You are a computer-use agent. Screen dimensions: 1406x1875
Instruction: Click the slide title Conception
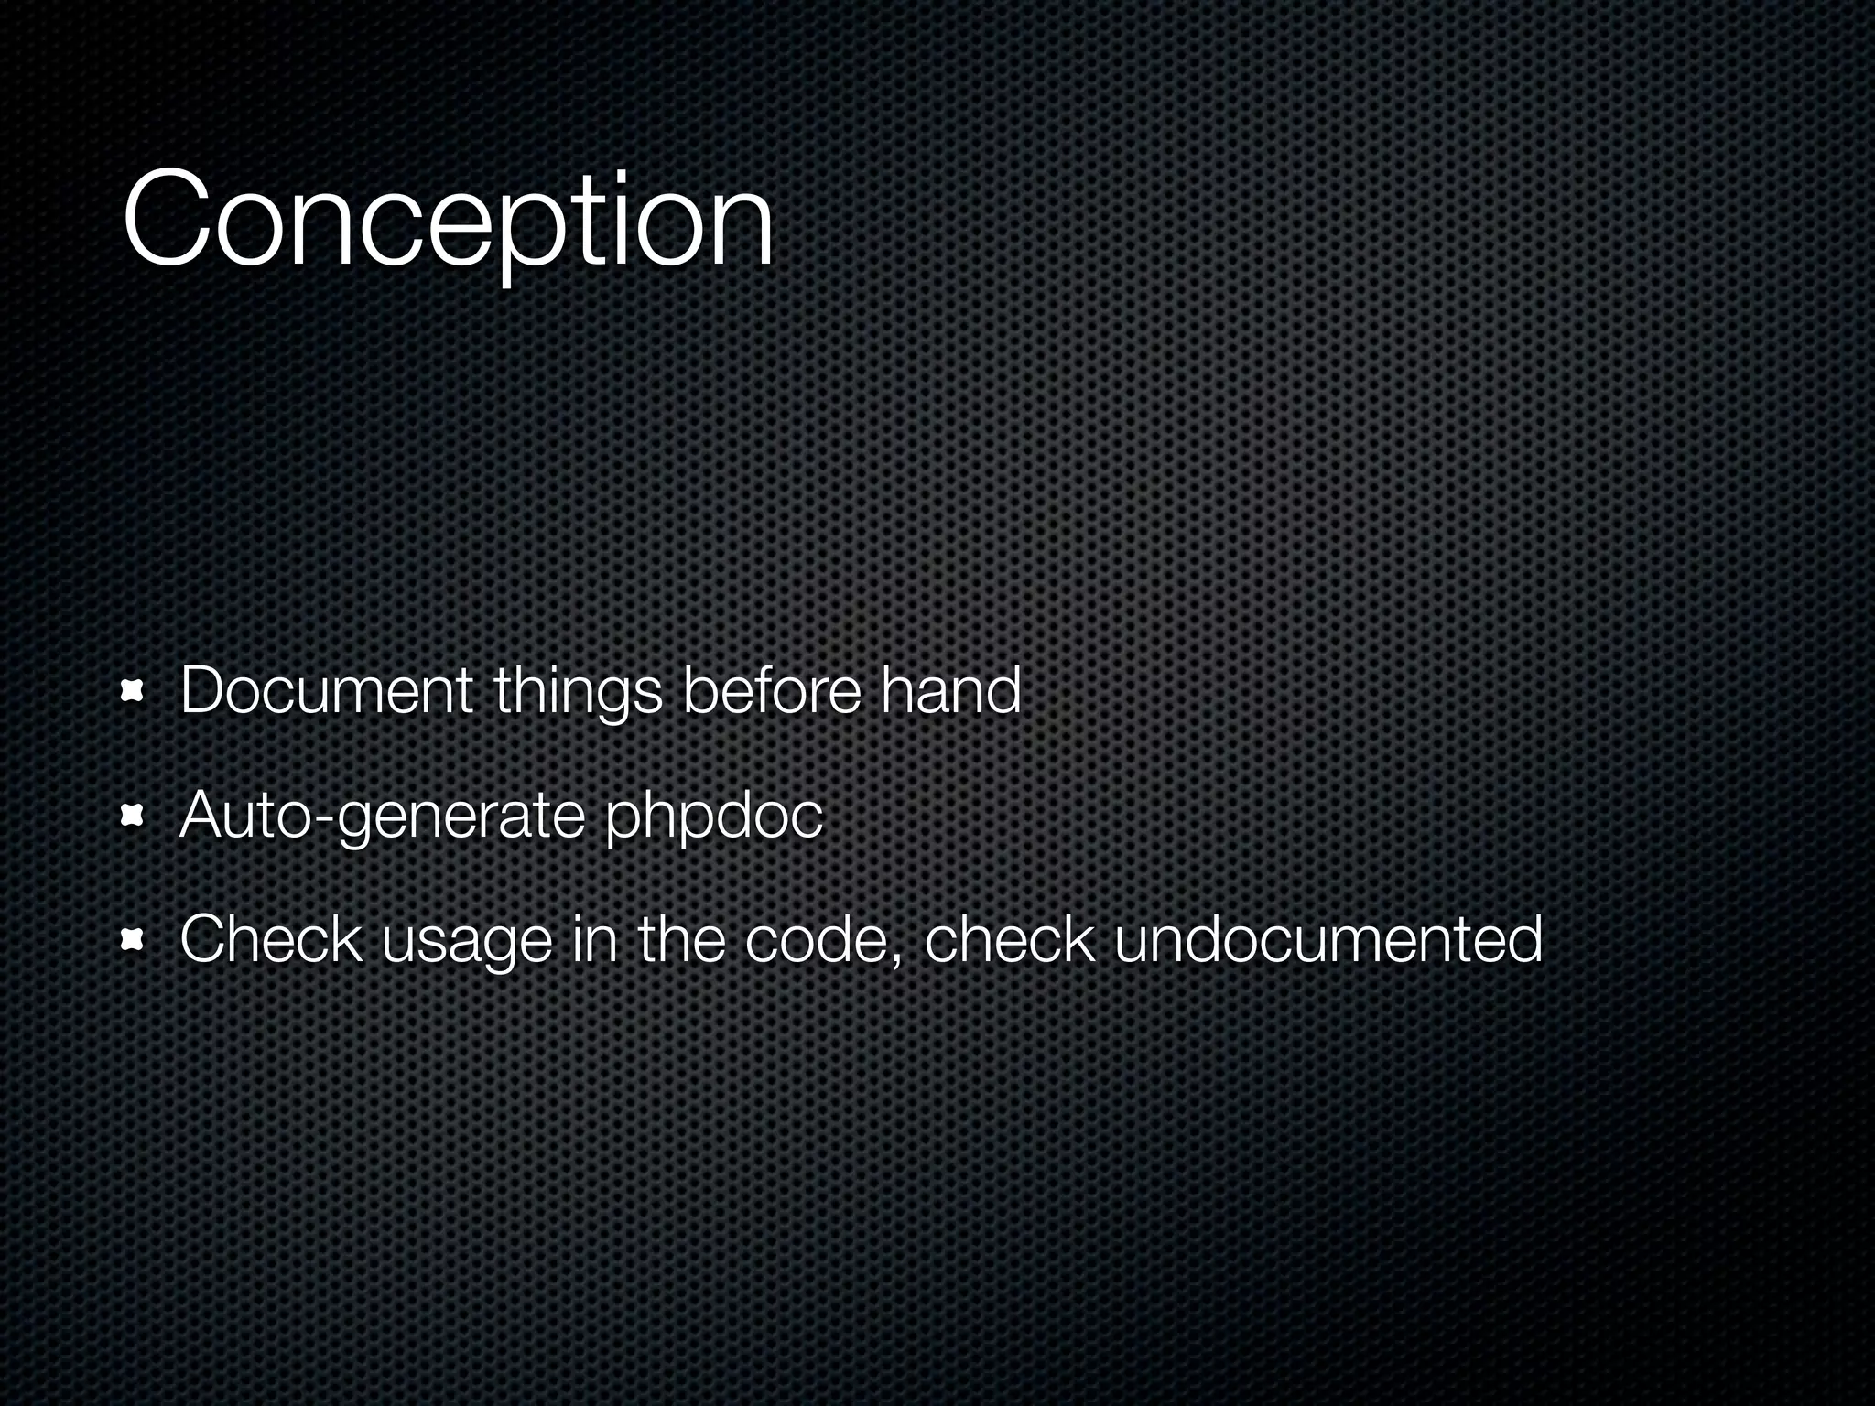448,222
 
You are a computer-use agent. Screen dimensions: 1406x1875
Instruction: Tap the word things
578,692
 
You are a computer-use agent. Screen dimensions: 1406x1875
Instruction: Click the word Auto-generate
382,817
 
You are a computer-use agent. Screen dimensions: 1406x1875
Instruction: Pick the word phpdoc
714,817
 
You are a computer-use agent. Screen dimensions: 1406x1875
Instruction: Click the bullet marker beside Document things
134,693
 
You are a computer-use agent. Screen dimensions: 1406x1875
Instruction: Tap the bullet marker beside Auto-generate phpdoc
134,816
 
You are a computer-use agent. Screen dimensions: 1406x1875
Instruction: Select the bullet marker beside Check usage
134,940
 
